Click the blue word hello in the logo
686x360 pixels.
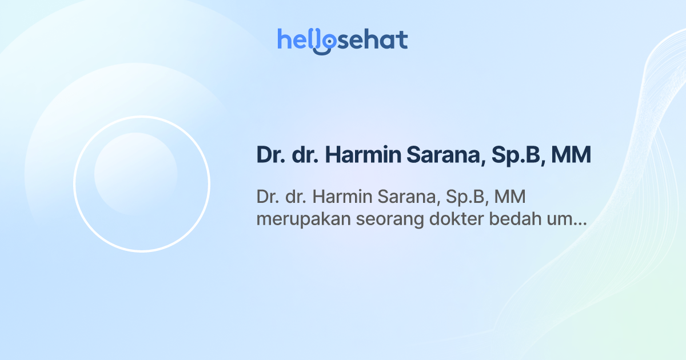point(299,39)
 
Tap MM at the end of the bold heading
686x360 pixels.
point(571,155)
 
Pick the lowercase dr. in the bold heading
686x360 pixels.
point(305,155)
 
